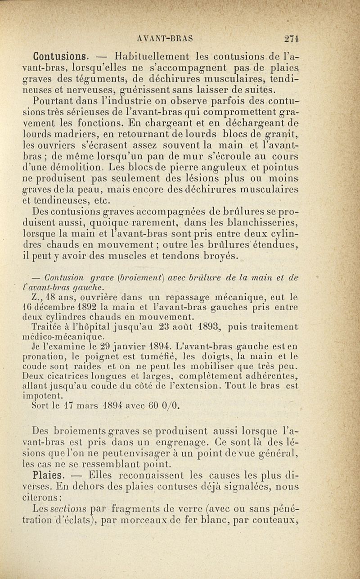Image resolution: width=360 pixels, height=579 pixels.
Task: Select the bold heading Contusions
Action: pos(60,57)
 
